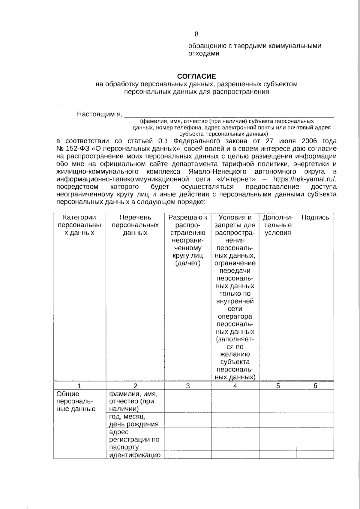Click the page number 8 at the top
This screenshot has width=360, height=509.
(196, 34)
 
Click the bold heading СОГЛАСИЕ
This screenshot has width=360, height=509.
(196, 76)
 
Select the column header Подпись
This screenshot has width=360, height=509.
(315, 218)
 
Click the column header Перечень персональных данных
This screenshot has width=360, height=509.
(135, 225)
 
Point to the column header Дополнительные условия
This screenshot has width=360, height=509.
(278, 225)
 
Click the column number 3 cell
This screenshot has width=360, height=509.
(187, 386)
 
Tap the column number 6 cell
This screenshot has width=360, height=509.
(315, 386)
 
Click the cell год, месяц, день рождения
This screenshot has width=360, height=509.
(134, 420)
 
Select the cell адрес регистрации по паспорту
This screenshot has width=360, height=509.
(134, 439)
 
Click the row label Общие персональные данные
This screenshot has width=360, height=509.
(76, 401)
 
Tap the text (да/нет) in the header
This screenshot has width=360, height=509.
(187, 263)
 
